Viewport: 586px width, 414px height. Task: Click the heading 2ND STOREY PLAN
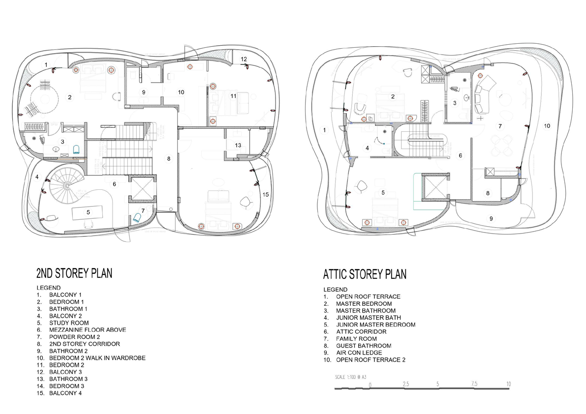[74, 273]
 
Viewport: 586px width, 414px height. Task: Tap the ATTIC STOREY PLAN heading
[365, 274]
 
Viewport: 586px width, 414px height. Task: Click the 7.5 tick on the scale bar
[474, 384]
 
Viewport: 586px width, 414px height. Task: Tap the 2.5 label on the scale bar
[406, 384]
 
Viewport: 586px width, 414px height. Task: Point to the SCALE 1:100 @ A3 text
[350, 377]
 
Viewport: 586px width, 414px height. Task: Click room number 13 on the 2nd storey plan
[238, 145]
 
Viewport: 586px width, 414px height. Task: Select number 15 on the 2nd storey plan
[266, 195]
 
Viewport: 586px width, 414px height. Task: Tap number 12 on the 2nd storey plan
[244, 59]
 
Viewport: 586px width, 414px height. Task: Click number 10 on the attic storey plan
[547, 126]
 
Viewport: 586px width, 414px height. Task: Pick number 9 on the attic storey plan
[491, 219]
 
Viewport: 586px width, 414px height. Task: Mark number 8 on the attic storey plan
[488, 193]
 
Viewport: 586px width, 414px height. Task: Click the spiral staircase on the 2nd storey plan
[66, 185]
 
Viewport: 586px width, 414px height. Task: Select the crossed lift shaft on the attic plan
[435, 187]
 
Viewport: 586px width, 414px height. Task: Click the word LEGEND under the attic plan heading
[335, 290]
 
